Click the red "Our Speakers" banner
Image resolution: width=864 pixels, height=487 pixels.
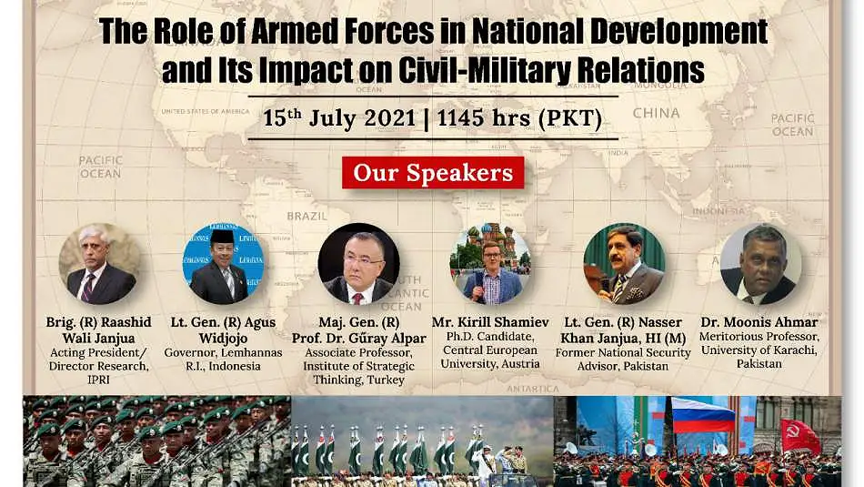[433, 173]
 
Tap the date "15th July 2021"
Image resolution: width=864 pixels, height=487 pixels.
[339, 118]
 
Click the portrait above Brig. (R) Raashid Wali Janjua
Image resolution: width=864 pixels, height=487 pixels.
[99, 264]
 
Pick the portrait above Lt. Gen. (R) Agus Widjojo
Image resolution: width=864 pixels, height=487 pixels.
[223, 264]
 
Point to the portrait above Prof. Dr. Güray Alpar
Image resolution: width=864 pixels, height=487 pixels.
[359, 264]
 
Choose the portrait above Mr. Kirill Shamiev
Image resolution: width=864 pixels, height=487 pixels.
[490, 264]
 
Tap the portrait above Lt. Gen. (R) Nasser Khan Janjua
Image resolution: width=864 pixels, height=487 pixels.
[624, 264]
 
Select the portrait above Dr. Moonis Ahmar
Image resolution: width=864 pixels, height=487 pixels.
[760, 264]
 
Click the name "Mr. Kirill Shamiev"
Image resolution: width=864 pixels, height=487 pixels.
[490, 322]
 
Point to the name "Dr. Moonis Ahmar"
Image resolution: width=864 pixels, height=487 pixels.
[759, 322]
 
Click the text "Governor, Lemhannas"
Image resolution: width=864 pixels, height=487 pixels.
[223, 352]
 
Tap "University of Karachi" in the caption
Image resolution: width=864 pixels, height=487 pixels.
[759, 350]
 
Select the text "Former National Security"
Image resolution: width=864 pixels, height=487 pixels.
[623, 352]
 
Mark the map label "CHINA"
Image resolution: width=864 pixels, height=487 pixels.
[657, 113]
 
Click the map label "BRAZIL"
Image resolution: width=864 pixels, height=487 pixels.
[306, 217]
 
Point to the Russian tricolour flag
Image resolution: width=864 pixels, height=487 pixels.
[702, 415]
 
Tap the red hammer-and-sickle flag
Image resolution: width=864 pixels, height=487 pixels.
[800, 436]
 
